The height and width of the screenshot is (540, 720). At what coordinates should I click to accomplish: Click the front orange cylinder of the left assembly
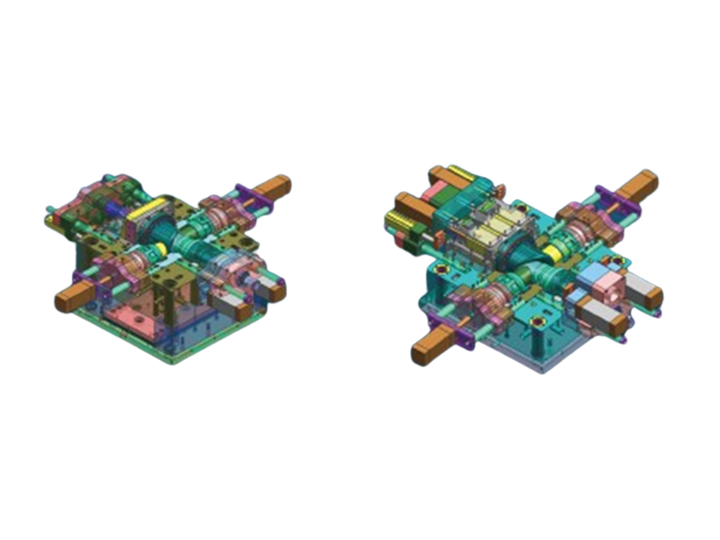point(69,300)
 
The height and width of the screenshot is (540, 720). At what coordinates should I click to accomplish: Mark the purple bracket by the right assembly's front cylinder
point(459,334)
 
